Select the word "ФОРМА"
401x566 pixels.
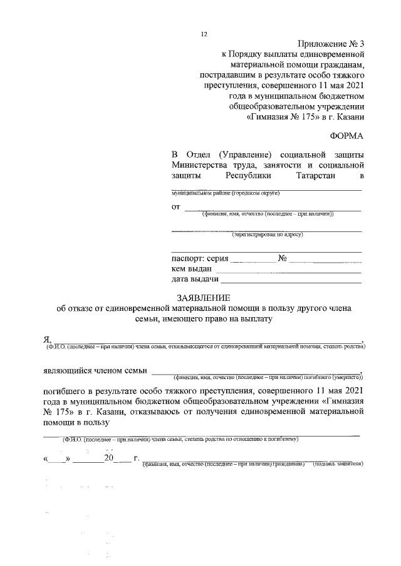pyautogui.click(x=346, y=136)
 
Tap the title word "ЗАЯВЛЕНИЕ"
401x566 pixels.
pyautogui.click(x=204, y=297)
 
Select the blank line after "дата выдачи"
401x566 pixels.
pyautogui.click(x=291, y=279)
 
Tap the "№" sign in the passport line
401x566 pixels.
pyautogui.click(x=282, y=258)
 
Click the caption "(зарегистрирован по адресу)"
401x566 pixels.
pyautogui.click(x=268, y=235)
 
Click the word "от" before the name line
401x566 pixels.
pyautogui.click(x=176, y=206)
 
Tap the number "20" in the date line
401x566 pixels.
pyautogui.click(x=110, y=458)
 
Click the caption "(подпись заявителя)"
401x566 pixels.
pyautogui.click(x=338, y=465)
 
